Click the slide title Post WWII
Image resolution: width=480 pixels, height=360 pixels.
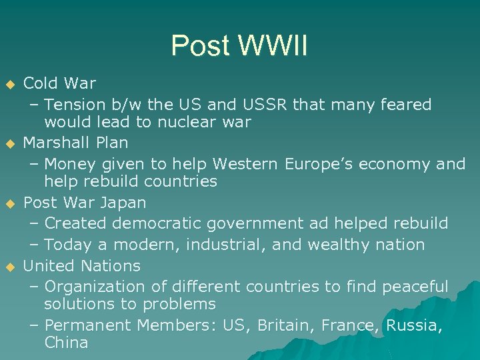[x=239, y=46]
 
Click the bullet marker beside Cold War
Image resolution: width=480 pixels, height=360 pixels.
[x=9, y=85]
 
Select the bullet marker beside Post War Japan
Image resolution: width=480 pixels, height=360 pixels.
[x=9, y=203]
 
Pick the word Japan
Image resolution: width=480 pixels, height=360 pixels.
[x=125, y=202]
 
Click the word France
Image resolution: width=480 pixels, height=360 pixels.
[x=346, y=326]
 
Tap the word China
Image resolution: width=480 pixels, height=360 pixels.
[x=66, y=343]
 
